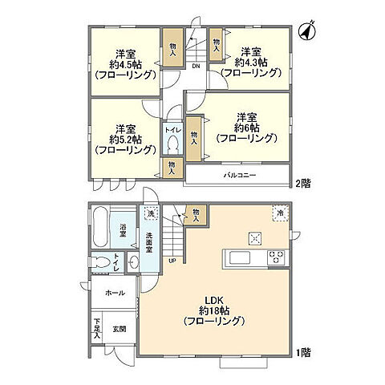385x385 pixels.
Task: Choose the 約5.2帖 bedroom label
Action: [124, 139]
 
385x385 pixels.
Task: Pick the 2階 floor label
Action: [301, 182]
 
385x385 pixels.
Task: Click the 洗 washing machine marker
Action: [148, 214]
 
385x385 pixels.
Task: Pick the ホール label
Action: [114, 293]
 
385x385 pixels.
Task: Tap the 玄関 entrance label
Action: [118, 328]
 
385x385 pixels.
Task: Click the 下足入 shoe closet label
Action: [96, 328]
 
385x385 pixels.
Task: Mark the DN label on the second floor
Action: [195, 67]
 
